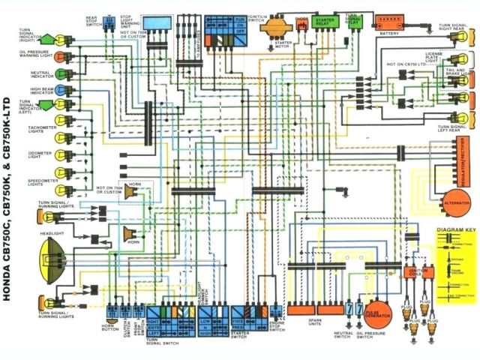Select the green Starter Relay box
pos(324,22)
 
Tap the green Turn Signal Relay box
pos(352,22)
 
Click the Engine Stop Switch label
pos(277,328)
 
